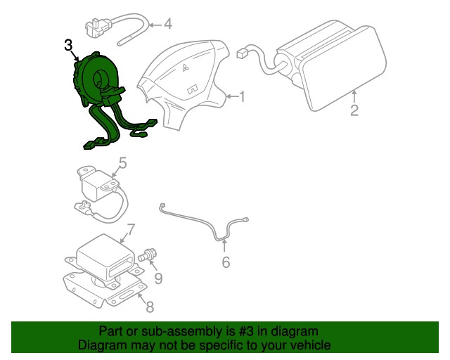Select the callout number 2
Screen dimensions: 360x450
tap(354, 110)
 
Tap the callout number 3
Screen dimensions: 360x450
tap(68, 46)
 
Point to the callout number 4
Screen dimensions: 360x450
tap(167, 24)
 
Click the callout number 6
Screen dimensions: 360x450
tap(226, 262)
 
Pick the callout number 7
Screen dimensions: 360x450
tap(129, 229)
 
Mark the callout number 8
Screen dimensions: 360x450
tap(149, 306)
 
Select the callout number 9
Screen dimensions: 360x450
tap(158, 279)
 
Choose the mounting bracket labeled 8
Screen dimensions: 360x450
tap(105, 288)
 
